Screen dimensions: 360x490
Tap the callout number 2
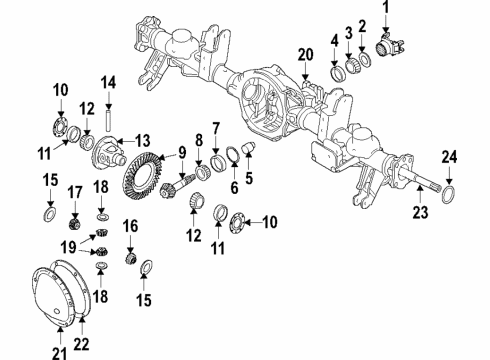click(x=362, y=26)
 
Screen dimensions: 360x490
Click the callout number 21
click(x=58, y=350)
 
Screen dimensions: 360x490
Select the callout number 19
click(x=67, y=245)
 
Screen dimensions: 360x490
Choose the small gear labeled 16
click(x=129, y=259)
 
